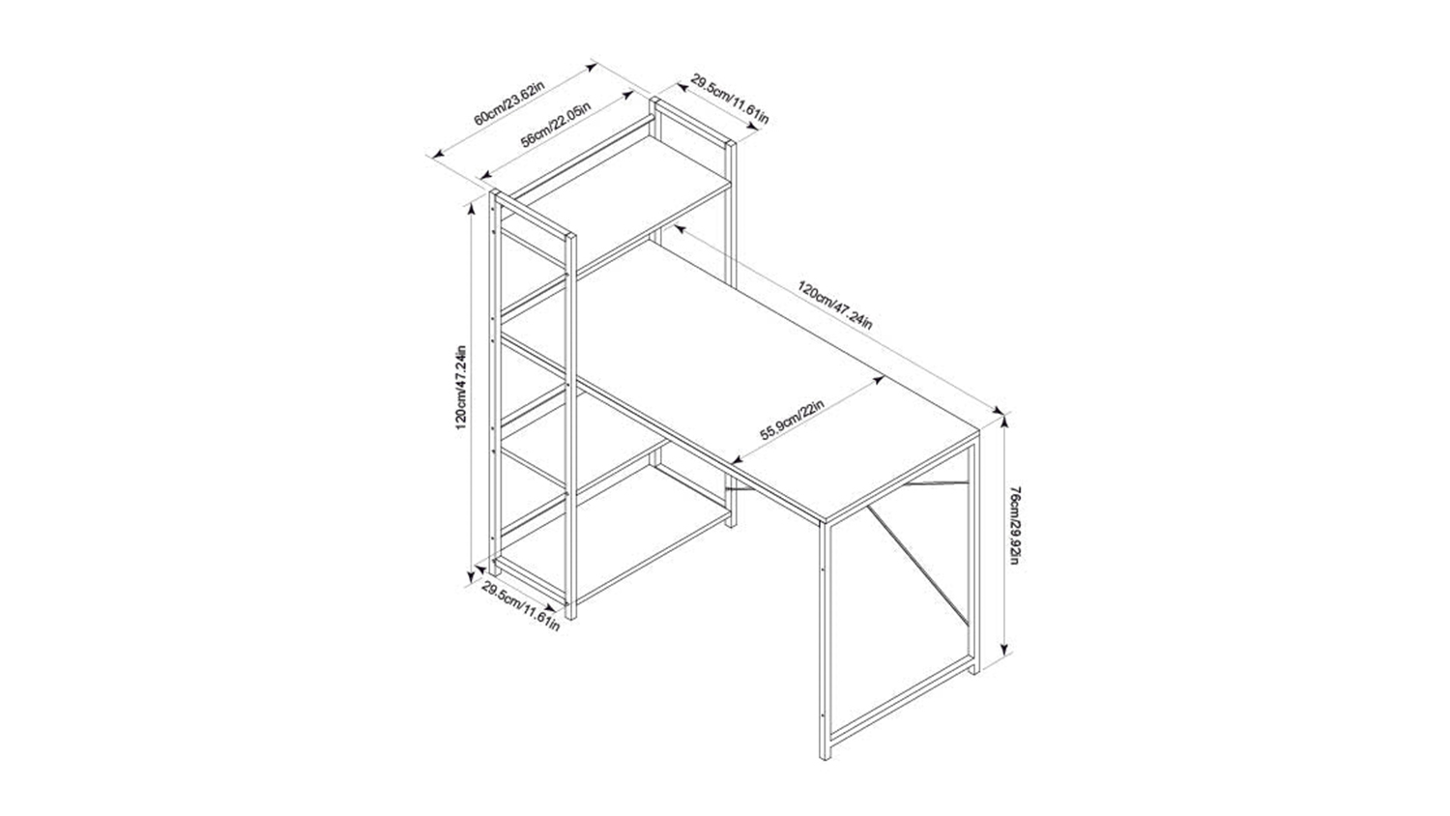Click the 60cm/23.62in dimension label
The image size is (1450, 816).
(x=509, y=103)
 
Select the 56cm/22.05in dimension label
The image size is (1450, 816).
(x=556, y=126)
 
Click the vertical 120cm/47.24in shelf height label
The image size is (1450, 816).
(x=461, y=388)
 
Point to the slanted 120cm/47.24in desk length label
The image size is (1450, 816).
(x=835, y=305)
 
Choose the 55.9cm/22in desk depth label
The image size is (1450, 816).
(x=791, y=421)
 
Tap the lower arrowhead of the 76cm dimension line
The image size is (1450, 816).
(x=1004, y=650)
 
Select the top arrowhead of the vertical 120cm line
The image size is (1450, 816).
(x=473, y=206)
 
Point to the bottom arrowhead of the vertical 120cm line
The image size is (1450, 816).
(x=473, y=578)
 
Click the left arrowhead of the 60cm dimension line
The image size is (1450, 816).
(x=438, y=154)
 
